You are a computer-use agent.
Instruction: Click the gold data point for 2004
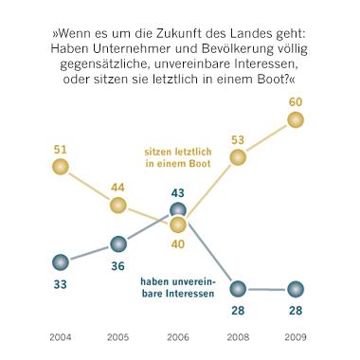tap(60, 167)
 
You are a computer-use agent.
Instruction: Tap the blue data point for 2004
tap(60, 262)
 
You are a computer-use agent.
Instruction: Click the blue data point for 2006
tap(178, 210)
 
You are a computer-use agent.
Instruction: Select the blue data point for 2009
tap(295, 288)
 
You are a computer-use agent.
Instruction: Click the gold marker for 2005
tap(117, 205)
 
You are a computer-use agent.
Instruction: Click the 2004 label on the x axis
tap(60, 336)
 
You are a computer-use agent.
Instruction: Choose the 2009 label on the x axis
tap(295, 336)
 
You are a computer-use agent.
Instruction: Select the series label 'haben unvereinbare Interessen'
tap(179, 288)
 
